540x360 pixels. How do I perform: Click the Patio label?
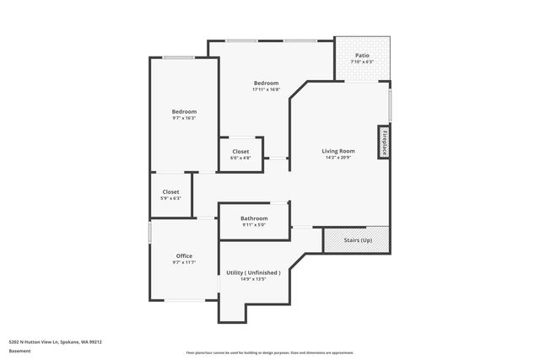pyautogui.click(x=362, y=55)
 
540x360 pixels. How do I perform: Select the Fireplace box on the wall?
pyautogui.click(x=383, y=142)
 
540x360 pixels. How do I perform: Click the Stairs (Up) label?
pyautogui.click(x=357, y=240)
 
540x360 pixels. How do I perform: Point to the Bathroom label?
pyautogui.click(x=254, y=218)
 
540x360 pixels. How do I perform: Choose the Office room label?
pyautogui.click(x=184, y=255)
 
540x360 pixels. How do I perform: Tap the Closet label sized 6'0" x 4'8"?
pyautogui.click(x=240, y=151)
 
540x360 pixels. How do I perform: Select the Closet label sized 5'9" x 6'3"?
pyautogui.click(x=170, y=191)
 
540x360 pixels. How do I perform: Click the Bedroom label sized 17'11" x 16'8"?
pyautogui.click(x=267, y=83)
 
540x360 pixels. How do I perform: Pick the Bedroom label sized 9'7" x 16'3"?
pyautogui.click(x=184, y=111)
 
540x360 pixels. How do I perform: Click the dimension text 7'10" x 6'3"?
pyautogui.click(x=362, y=62)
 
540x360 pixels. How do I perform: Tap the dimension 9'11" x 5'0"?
pyautogui.click(x=254, y=225)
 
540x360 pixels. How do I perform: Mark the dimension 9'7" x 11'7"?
pyautogui.click(x=184, y=262)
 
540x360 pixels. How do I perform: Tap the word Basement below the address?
pyautogui.click(x=19, y=351)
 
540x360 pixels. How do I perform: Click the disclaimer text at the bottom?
pyautogui.click(x=270, y=352)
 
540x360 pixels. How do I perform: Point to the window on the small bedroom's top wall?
pyautogui.click(x=178, y=57)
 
